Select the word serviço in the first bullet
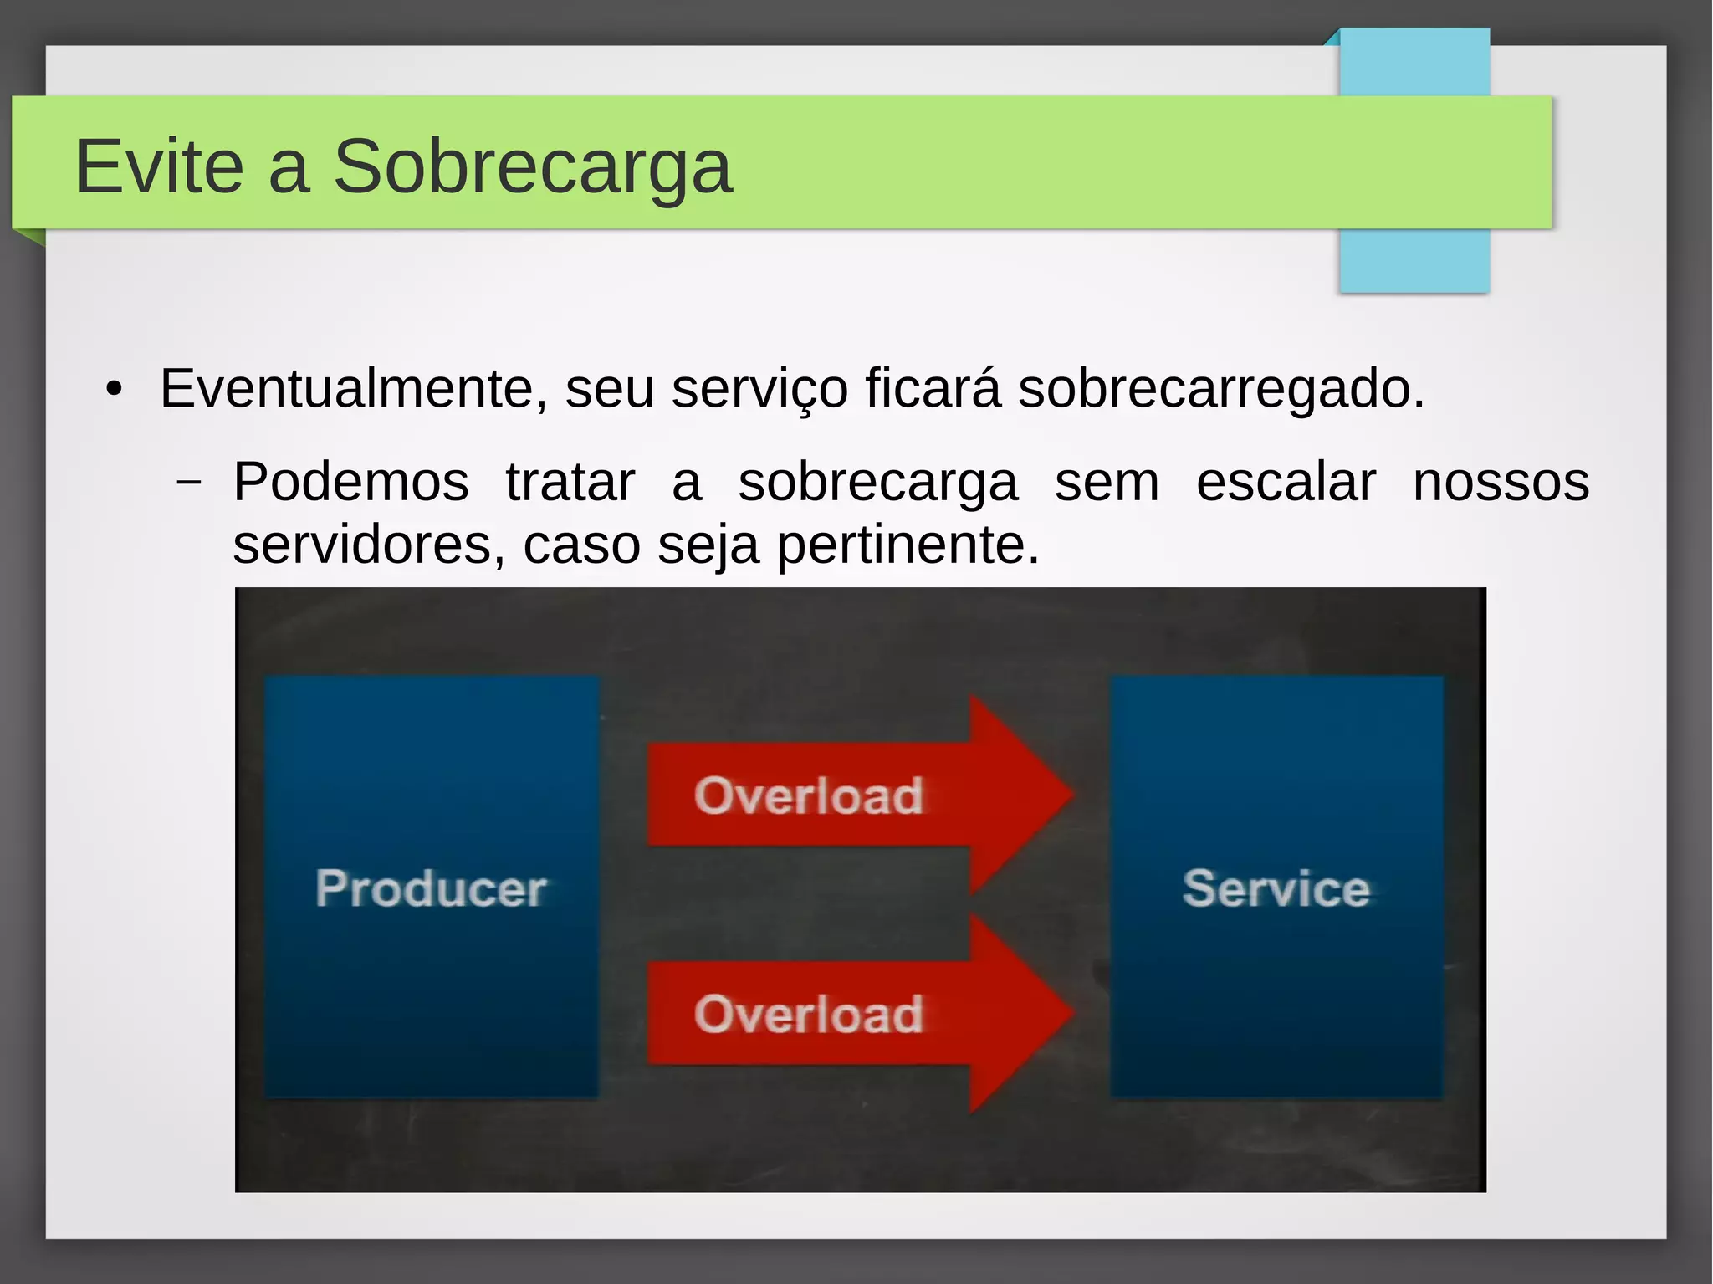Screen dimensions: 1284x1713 pyautogui.click(x=759, y=389)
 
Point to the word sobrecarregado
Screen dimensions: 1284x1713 pyautogui.click(x=1221, y=389)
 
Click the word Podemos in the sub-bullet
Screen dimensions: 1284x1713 pyautogui.click(x=350, y=483)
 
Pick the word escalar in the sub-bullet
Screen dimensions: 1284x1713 pyautogui.click(x=1286, y=483)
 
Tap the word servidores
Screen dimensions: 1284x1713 pyautogui.click(x=369, y=545)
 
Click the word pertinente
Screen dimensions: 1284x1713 pyautogui.click(x=908, y=545)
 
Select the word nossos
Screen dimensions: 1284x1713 pyautogui.click(x=1501, y=483)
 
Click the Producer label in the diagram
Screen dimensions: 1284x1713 pyautogui.click(x=431, y=888)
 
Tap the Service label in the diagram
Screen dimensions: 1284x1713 pyautogui.click(x=1276, y=888)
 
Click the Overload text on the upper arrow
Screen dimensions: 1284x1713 pyautogui.click(x=809, y=795)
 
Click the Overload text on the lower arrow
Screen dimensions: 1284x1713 pyautogui.click(x=809, y=1014)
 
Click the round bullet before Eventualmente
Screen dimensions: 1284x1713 pyautogui.click(x=114, y=390)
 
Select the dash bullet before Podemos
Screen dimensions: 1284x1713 pyautogui.click(x=189, y=483)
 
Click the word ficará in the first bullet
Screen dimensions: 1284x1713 pyautogui.click(x=932, y=389)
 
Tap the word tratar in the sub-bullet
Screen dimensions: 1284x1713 pyautogui.click(x=570, y=483)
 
